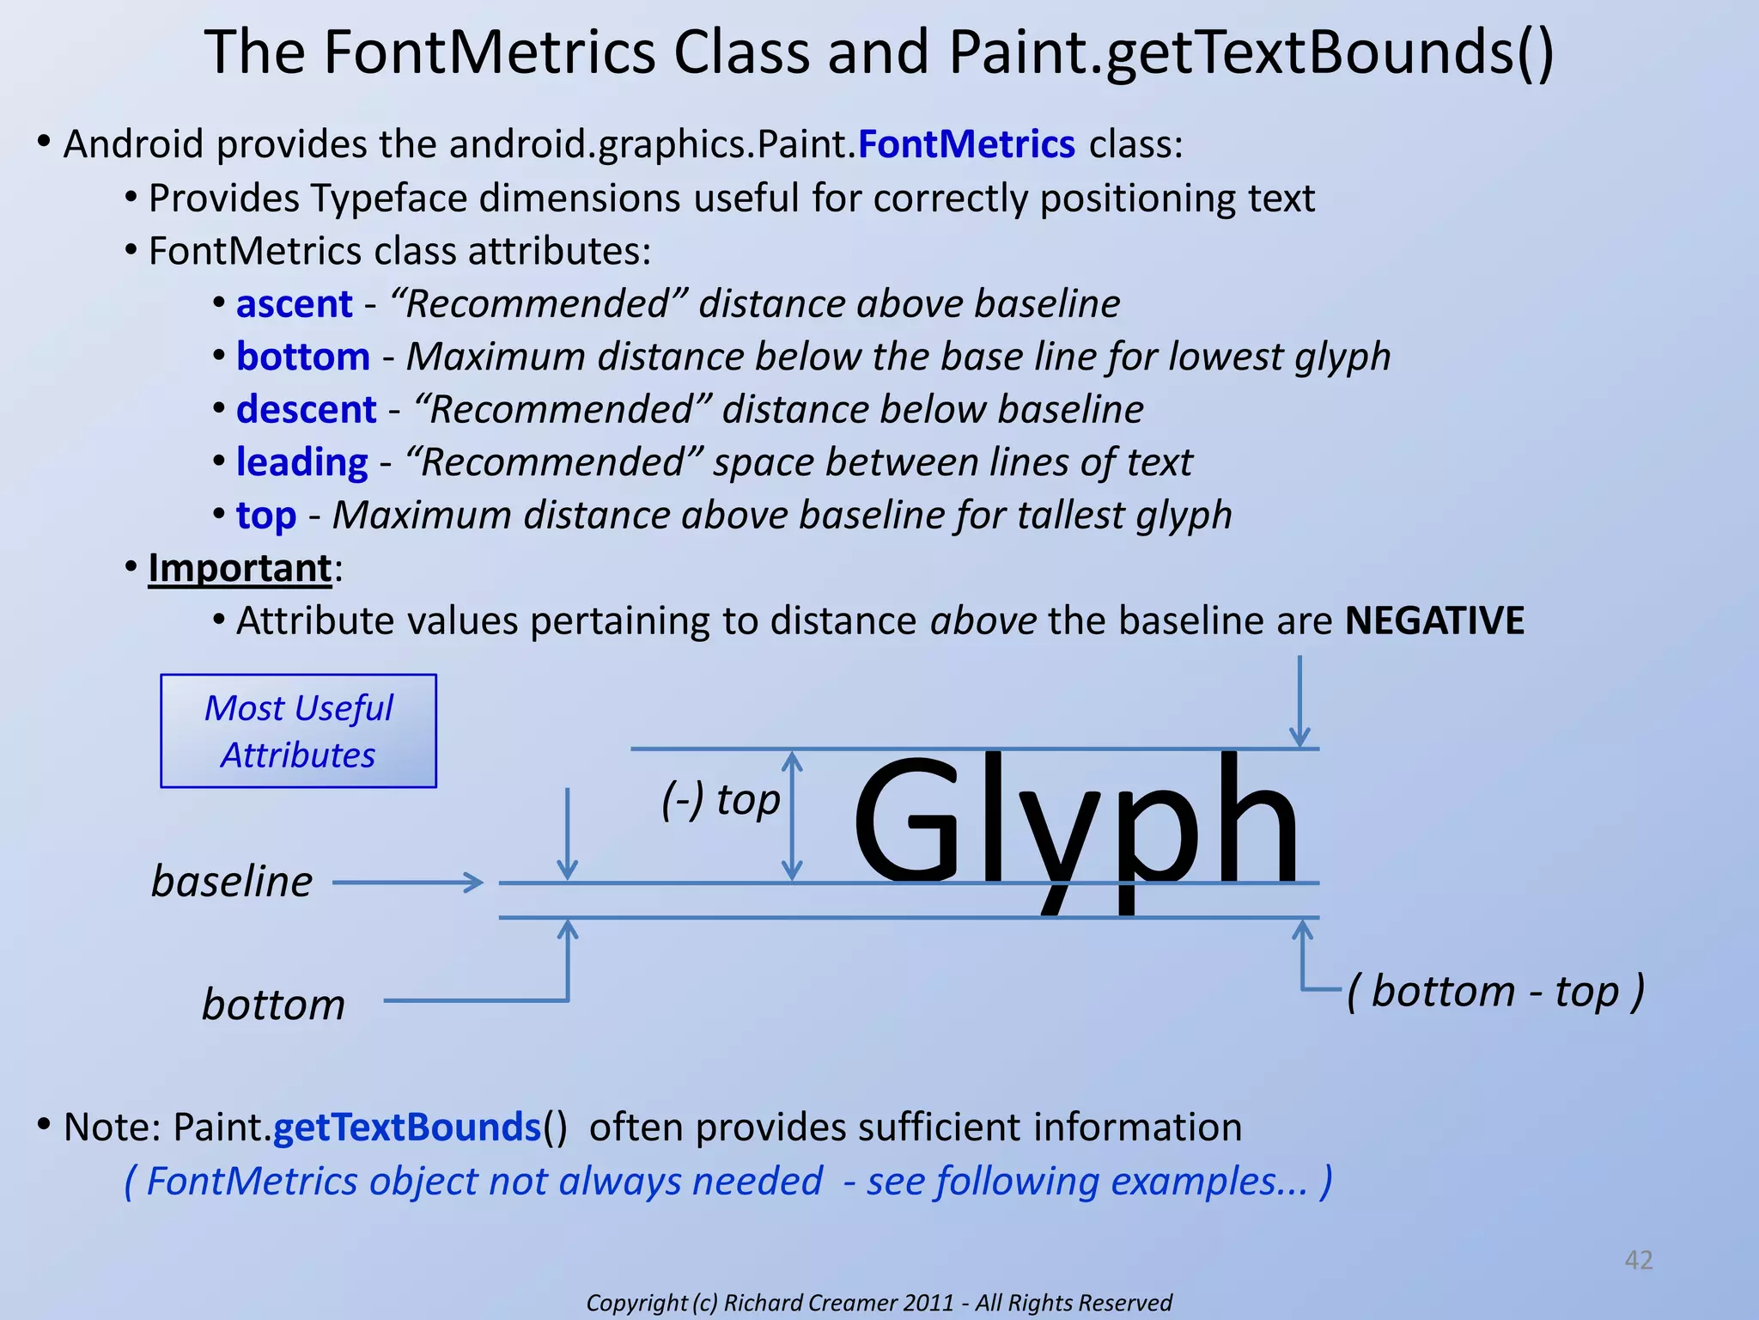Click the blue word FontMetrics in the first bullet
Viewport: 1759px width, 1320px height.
click(x=965, y=144)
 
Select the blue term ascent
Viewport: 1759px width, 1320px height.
click(x=294, y=304)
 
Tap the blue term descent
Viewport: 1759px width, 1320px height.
click(x=306, y=410)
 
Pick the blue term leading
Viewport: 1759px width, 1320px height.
click(x=301, y=462)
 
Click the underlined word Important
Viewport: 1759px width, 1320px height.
click(x=240, y=568)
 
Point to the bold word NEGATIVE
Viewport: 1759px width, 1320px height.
click(x=1433, y=620)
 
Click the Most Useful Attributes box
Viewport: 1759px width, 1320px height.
click(x=298, y=731)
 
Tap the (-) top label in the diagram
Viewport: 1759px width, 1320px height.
click(x=720, y=799)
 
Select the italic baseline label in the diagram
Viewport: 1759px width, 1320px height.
click(x=231, y=882)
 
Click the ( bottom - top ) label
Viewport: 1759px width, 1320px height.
click(x=1494, y=991)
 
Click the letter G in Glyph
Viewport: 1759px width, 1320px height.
click(x=906, y=821)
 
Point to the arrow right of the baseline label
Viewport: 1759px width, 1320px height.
click(x=407, y=882)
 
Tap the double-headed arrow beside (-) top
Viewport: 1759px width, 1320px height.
click(x=792, y=816)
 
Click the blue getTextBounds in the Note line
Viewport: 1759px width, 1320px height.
click(x=406, y=1127)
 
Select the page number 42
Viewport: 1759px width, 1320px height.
click(x=1638, y=1260)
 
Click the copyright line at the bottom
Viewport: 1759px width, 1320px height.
click(x=879, y=1303)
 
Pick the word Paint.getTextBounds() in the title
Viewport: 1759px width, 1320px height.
click(x=1251, y=53)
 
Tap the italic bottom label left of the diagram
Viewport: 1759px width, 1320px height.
click(x=273, y=1005)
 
